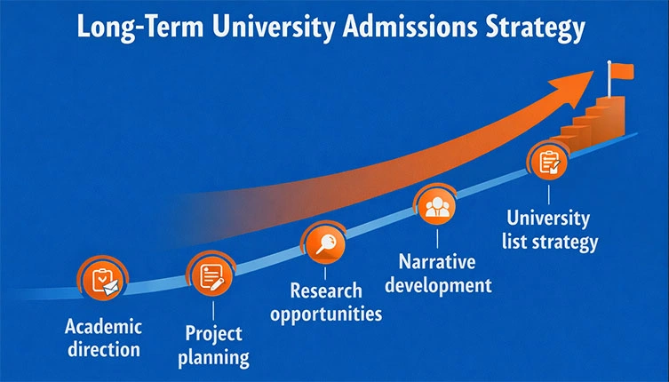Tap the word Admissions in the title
click(x=418, y=27)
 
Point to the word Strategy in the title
click(x=543, y=27)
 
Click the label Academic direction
click(x=103, y=338)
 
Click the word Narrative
click(x=437, y=262)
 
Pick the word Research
click(x=326, y=290)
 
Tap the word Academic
click(x=103, y=326)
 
